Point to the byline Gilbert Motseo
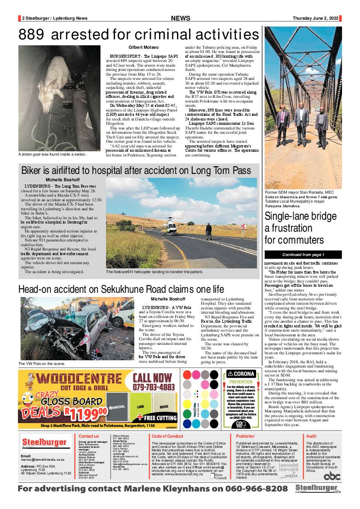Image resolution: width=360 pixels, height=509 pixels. pos(143,47)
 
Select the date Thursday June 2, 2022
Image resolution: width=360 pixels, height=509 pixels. pos(316,18)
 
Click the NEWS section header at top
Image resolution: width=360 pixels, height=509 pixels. pos(180,18)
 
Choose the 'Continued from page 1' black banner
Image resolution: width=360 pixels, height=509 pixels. pos(303,255)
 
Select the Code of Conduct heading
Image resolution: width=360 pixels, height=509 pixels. pos(168,436)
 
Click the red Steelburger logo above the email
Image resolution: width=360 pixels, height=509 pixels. pos(44,442)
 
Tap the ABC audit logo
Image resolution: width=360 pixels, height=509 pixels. pos(332,476)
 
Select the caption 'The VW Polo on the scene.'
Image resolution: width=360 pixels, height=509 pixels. pos(41,364)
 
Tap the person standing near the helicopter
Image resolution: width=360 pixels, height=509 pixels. pos(208,230)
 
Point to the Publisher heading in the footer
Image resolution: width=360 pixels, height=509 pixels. pos(245,436)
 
